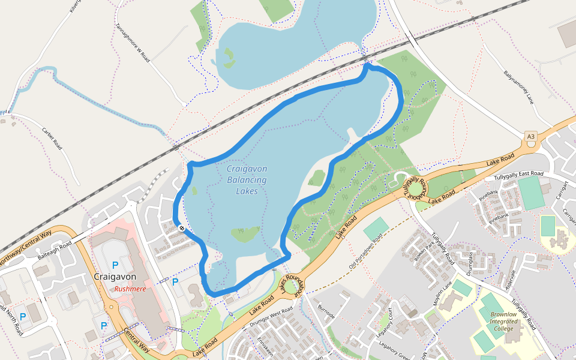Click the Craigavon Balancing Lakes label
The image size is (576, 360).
pyautogui.click(x=247, y=180)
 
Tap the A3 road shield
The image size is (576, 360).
pyautogui.click(x=530, y=137)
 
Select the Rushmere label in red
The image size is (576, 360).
pyautogui.click(x=131, y=289)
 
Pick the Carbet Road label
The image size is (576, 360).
pyautogui.click(x=52, y=137)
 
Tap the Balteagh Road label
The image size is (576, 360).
pyautogui.click(x=55, y=250)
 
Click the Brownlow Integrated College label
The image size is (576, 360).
pyautogui.click(x=503, y=321)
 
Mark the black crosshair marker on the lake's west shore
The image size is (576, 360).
pyautogui.click(x=182, y=228)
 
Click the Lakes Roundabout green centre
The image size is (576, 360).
pyautogui.click(x=292, y=287)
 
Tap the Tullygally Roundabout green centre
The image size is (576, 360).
pyautogui.click(x=415, y=188)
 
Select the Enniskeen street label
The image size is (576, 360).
pyautogui.click(x=264, y=347)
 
